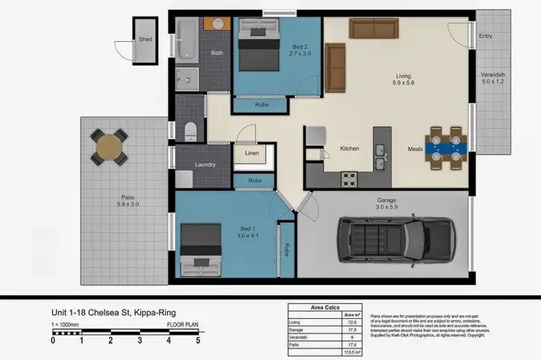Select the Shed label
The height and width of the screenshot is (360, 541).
pos(146,40)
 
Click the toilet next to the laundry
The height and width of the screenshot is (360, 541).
pos(190,130)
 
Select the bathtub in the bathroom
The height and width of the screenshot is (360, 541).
pos(184,40)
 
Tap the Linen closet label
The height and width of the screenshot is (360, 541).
pos(251,153)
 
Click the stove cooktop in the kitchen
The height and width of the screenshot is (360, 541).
pos(349,177)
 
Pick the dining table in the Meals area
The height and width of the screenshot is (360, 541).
pos(445,147)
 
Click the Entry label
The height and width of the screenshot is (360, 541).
pos(485,35)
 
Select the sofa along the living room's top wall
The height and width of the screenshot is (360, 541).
pos(373,27)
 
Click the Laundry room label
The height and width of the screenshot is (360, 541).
pos(205,164)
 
